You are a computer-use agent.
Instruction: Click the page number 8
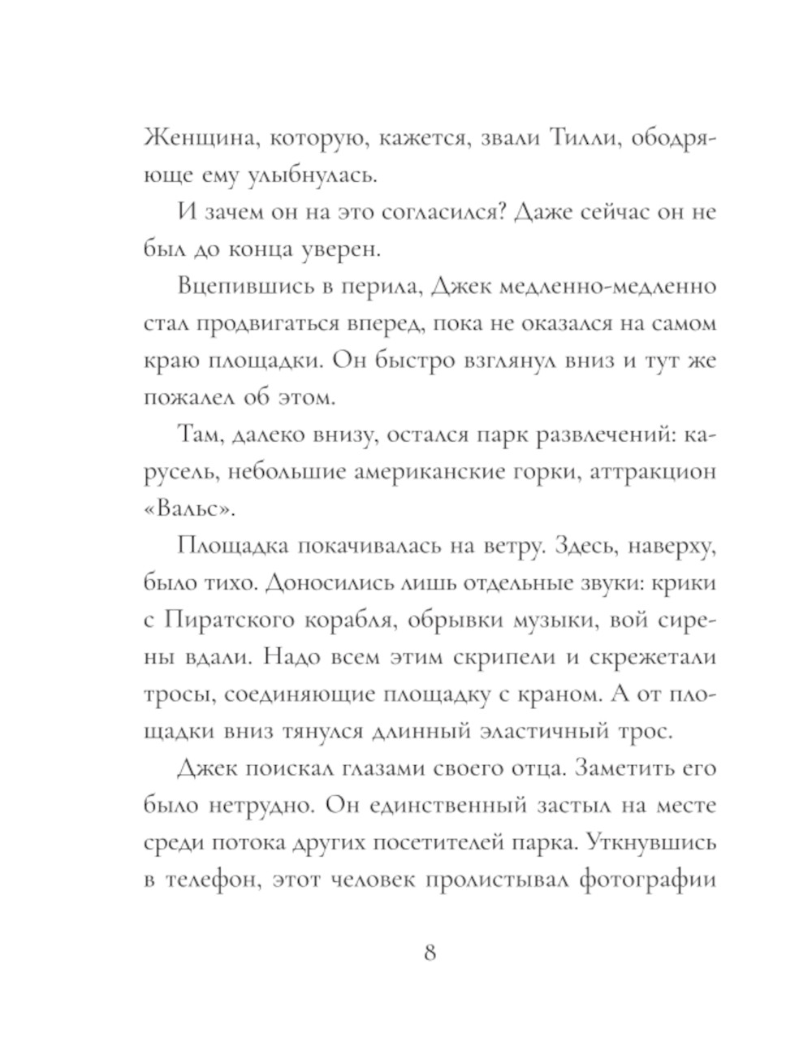tap(430, 952)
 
